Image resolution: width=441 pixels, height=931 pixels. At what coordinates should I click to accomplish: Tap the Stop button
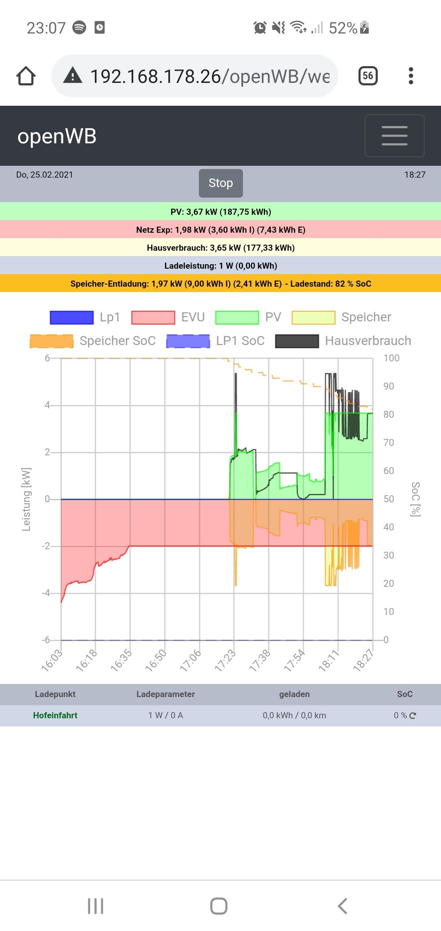(220, 183)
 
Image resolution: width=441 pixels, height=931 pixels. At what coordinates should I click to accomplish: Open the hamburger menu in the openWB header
(394, 136)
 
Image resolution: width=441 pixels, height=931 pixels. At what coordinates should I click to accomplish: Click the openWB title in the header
(57, 136)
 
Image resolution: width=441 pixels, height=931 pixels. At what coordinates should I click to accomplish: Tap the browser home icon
(26, 76)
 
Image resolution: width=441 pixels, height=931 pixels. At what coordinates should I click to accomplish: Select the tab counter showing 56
(367, 76)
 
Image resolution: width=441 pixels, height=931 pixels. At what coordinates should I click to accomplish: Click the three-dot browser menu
(411, 76)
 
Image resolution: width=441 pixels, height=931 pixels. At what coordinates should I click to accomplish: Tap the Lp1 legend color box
(71, 317)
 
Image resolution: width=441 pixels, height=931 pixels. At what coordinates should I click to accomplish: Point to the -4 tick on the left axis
(46, 593)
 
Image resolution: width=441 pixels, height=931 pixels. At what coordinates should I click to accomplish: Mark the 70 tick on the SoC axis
(389, 443)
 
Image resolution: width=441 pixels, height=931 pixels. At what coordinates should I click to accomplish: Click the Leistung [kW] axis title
(26, 499)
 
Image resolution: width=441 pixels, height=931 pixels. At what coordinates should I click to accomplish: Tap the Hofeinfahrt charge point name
(55, 715)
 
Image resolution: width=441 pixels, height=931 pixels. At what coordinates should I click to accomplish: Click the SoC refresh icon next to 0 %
(413, 715)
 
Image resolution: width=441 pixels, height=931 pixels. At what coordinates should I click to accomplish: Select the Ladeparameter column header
(165, 694)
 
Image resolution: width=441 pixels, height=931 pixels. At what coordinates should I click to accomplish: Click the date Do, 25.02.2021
(45, 175)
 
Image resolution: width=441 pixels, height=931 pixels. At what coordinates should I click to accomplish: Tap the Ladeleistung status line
(220, 266)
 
